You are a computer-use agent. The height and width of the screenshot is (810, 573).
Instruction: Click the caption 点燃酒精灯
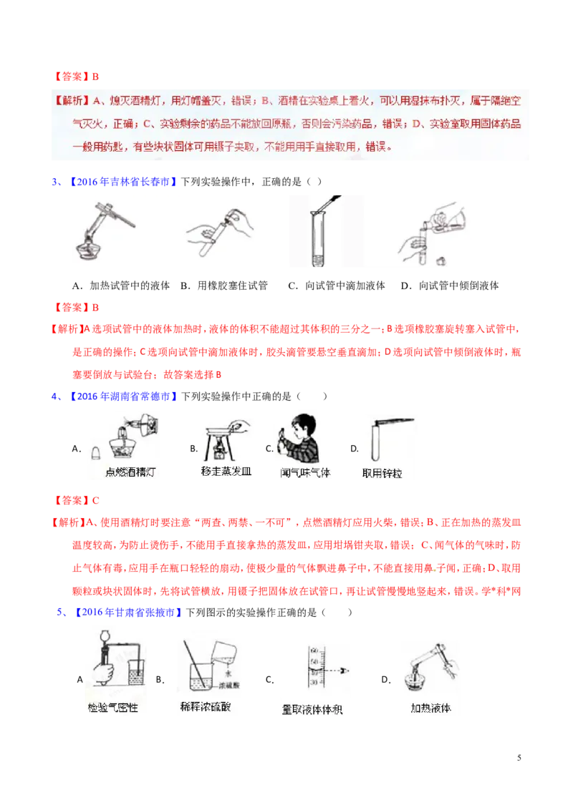click(x=124, y=472)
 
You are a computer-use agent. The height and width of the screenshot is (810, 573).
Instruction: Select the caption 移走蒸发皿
click(x=227, y=472)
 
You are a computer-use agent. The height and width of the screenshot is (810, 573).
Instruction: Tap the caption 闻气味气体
click(x=305, y=472)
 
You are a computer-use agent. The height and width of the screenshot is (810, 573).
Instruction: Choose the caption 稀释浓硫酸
click(x=205, y=707)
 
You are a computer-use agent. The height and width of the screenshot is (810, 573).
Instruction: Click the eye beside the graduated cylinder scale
click(x=347, y=672)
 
